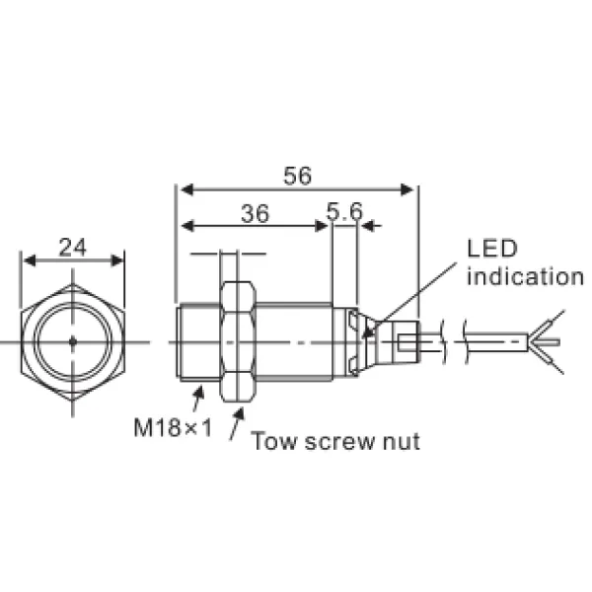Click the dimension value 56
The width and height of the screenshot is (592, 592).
(x=297, y=176)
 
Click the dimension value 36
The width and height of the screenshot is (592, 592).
(x=254, y=212)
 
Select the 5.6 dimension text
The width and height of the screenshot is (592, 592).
(x=344, y=212)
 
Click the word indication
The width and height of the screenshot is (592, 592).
(x=525, y=276)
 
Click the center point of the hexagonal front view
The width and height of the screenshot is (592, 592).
(x=75, y=341)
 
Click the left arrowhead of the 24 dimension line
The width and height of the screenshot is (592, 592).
(x=29, y=260)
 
